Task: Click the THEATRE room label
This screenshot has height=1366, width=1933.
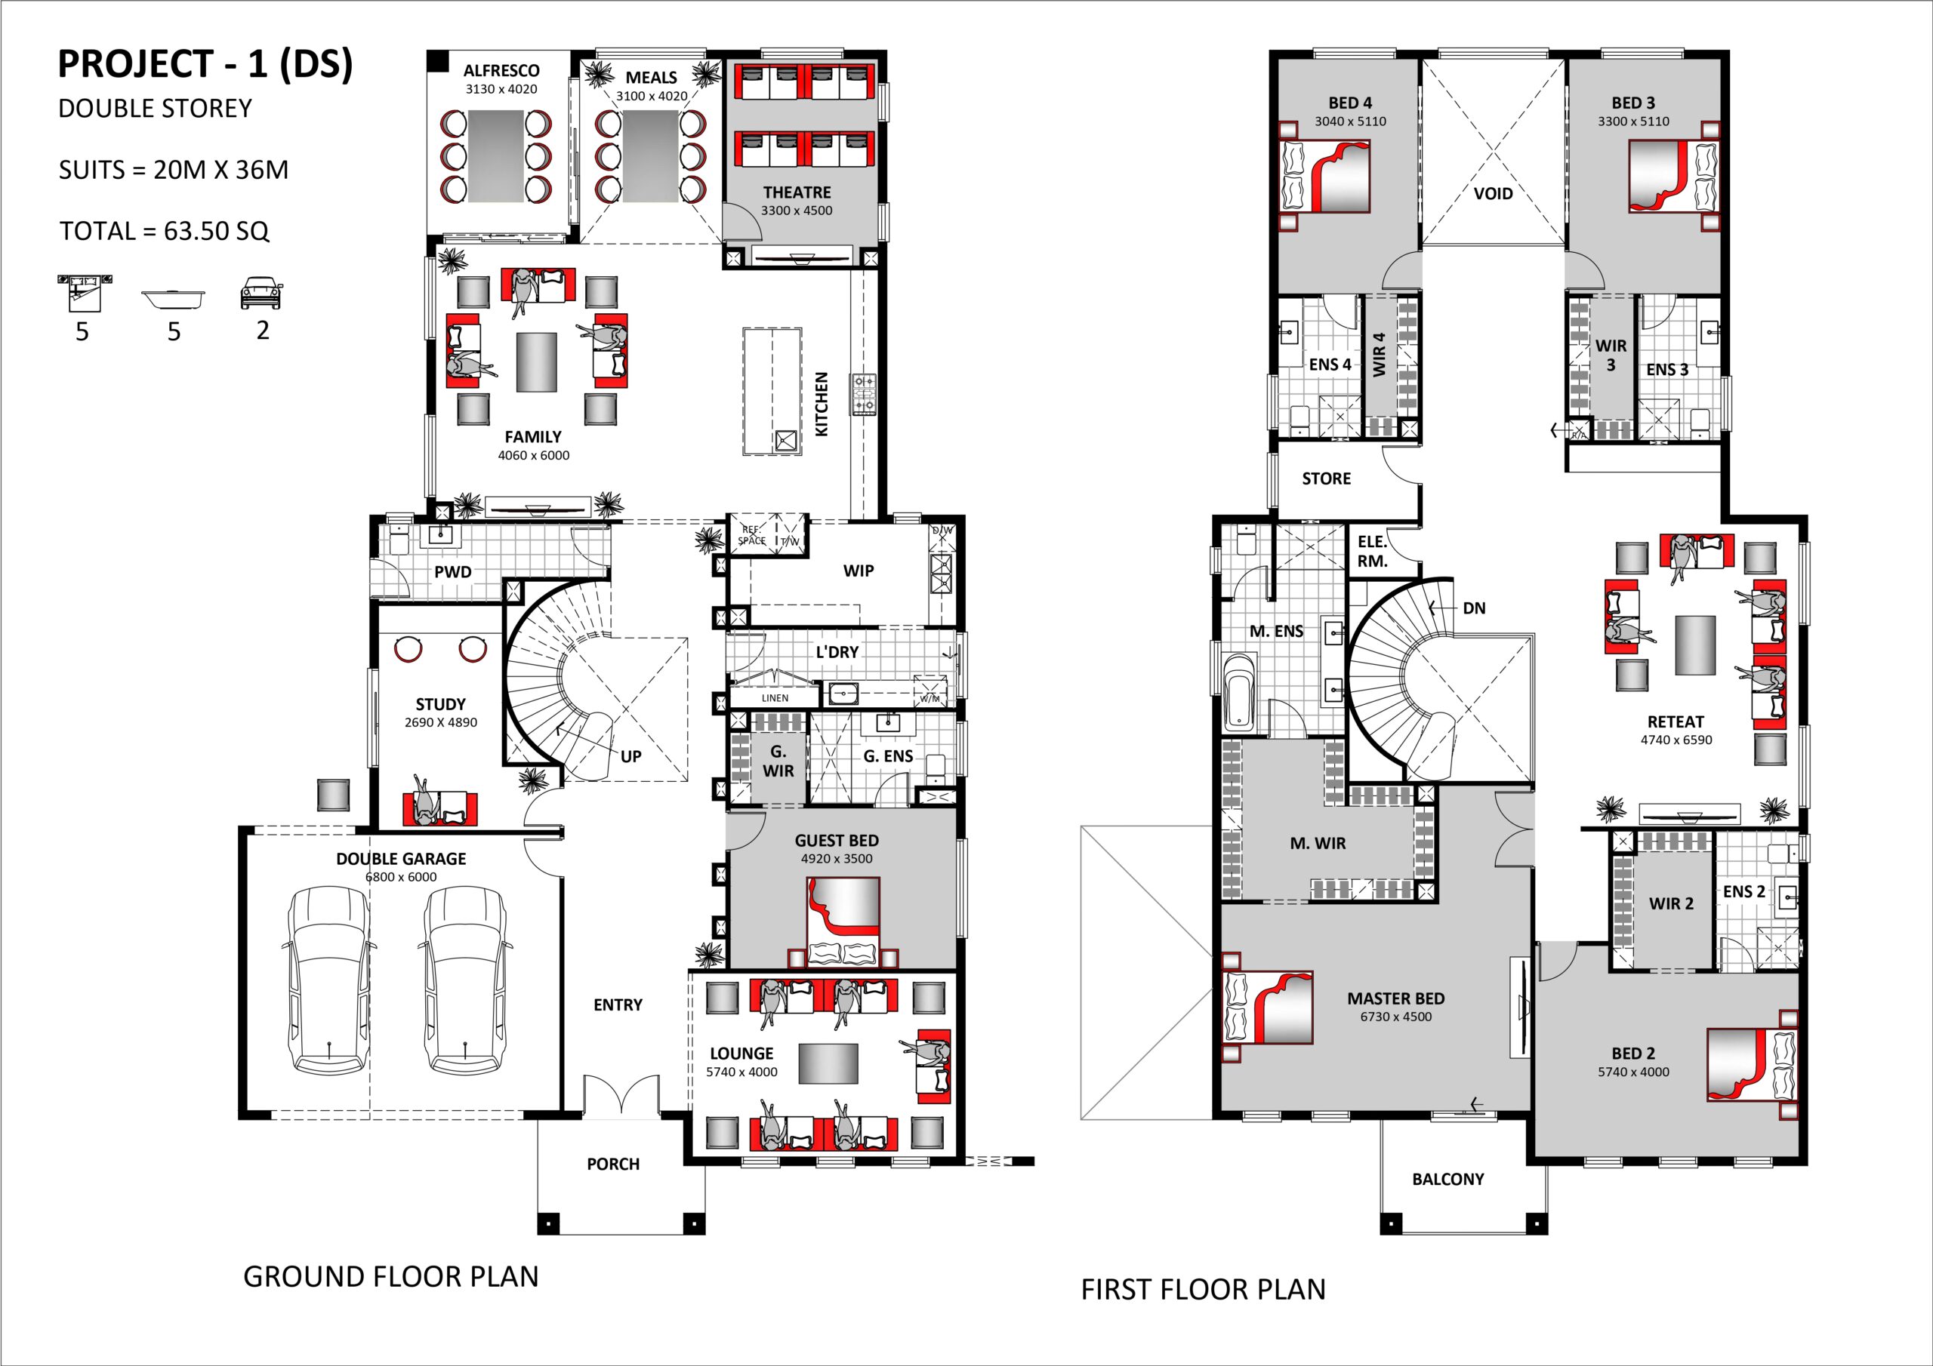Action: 797,192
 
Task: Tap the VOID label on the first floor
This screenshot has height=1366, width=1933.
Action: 1493,194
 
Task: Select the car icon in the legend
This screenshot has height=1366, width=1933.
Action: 262,293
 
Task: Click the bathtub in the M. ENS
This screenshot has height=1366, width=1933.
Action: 1239,693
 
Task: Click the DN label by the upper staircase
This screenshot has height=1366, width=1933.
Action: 1474,608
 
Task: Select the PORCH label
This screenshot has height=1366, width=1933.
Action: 613,1164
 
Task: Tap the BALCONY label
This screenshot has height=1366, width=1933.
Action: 1448,1179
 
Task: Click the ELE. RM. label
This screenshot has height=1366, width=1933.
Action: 1372,551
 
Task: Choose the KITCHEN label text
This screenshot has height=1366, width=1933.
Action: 822,404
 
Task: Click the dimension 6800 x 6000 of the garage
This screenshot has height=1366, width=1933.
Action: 401,877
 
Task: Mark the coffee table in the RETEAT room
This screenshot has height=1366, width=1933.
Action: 1694,645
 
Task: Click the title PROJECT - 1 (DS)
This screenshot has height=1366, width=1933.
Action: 205,65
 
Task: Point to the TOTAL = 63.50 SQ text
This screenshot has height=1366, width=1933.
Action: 164,231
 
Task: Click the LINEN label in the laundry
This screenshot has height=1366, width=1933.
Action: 775,698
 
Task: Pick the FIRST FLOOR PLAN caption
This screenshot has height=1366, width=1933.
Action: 1203,1290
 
